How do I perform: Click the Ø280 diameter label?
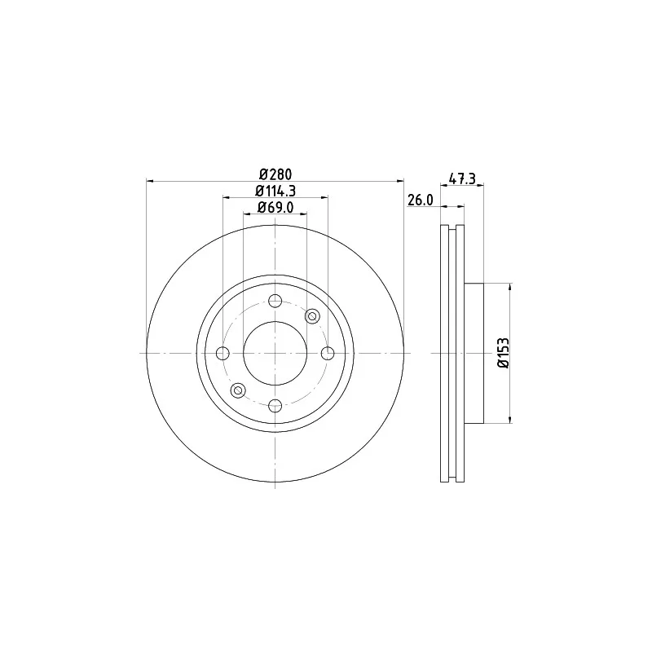click(275, 174)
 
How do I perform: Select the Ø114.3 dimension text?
click(275, 191)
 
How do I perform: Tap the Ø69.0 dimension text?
click(275, 207)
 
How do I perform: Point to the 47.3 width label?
click(462, 178)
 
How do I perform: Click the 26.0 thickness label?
click(420, 200)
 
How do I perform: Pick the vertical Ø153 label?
click(504, 353)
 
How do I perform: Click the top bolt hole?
click(275, 301)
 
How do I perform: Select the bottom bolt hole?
click(275, 405)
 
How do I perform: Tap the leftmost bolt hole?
click(222, 354)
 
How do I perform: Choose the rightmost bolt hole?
click(328, 354)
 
